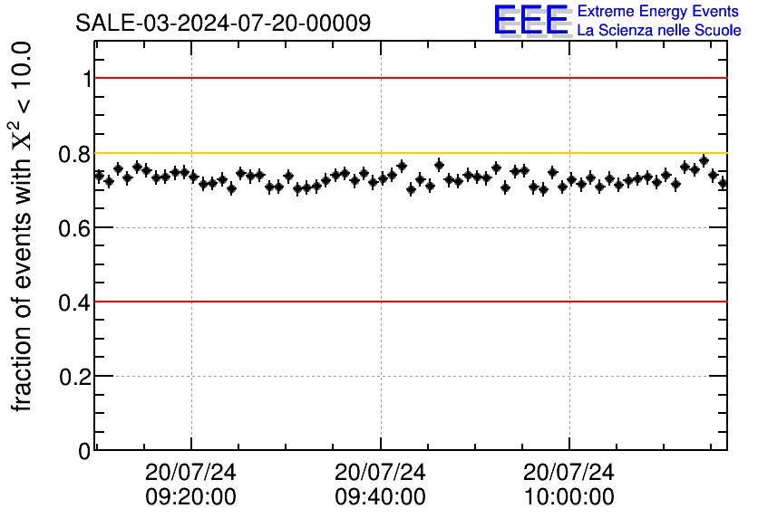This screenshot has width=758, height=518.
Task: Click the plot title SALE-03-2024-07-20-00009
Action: coord(223,23)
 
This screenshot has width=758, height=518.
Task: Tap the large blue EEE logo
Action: coord(531,21)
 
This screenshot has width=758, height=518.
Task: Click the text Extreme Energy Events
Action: coord(658,12)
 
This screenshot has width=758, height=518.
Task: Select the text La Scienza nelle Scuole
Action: coord(659,31)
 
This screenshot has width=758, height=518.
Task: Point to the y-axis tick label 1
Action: coord(87,80)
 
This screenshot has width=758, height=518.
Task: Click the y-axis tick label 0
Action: coord(85,450)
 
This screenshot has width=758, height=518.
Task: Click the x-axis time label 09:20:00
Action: coord(190,497)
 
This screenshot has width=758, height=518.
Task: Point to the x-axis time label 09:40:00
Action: coord(380,497)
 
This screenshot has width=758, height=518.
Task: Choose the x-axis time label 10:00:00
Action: coord(569,497)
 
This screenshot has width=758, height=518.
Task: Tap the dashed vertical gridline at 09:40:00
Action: coord(381,362)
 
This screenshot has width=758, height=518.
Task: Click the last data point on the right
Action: coord(723,184)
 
